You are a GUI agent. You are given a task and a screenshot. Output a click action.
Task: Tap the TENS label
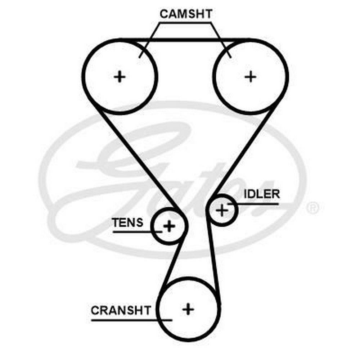127,222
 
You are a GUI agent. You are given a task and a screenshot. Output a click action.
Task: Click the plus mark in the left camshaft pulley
120,76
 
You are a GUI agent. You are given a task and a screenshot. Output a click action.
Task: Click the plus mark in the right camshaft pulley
250,76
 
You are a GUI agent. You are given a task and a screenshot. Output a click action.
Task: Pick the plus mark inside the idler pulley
222,210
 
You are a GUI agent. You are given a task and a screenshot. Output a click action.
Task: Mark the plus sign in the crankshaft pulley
188,309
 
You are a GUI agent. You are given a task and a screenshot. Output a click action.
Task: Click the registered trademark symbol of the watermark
312,208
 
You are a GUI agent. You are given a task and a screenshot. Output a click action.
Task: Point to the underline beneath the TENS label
133,231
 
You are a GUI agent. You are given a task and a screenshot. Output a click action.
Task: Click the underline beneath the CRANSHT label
130,319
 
